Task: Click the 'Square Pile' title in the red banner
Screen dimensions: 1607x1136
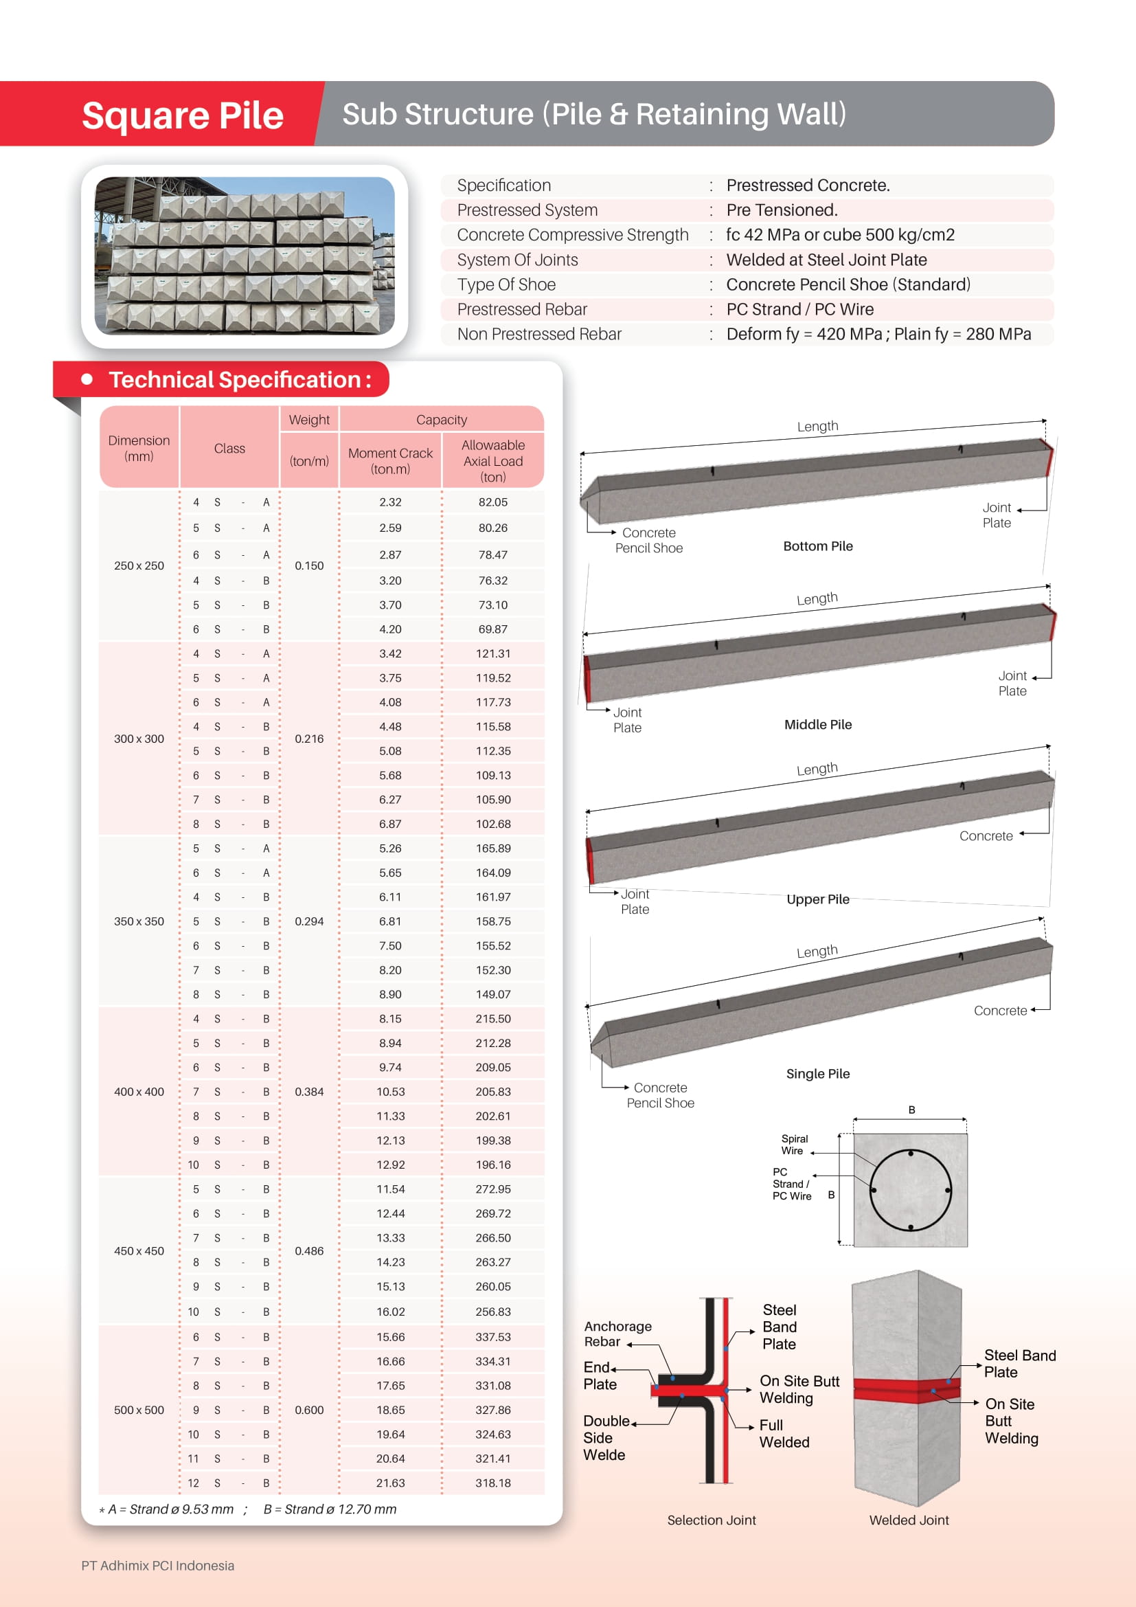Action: [x=183, y=115]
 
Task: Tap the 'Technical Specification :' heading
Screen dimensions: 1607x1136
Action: [x=239, y=379]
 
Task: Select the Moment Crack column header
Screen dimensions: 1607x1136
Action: [x=390, y=460]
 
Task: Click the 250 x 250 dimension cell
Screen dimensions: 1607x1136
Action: [x=139, y=565]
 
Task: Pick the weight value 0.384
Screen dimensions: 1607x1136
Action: [x=308, y=1092]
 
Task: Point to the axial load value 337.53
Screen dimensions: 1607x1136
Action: [x=492, y=1337]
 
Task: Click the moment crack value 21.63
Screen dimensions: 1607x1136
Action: [x=390, y=1483]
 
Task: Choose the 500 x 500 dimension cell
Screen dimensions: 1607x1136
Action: [x=139, y=1410]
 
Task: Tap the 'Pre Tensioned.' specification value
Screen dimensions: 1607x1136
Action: [x=782, y=210]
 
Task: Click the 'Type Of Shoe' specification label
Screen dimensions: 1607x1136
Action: [x=506, y=285]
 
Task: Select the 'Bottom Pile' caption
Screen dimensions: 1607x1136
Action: [x=818, y=546]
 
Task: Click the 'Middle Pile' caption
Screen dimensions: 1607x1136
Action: [x=818, y=724]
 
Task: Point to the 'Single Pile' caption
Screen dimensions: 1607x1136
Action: [x=818, y=1074]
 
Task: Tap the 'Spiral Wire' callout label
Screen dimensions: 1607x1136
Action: [x=794, y=1145]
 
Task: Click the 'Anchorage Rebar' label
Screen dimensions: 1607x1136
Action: [x=617, y=1334]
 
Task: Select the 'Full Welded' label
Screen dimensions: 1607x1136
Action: [x=784, y=1433]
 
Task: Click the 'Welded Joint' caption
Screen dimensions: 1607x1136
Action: [x=909, y=1520]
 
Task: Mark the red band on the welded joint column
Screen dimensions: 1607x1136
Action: [x=906, y=1390]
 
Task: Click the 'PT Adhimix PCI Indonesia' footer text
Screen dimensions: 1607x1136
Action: [x=157, y=1566]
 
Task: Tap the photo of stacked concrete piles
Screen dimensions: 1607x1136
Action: [x=244, y=256]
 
